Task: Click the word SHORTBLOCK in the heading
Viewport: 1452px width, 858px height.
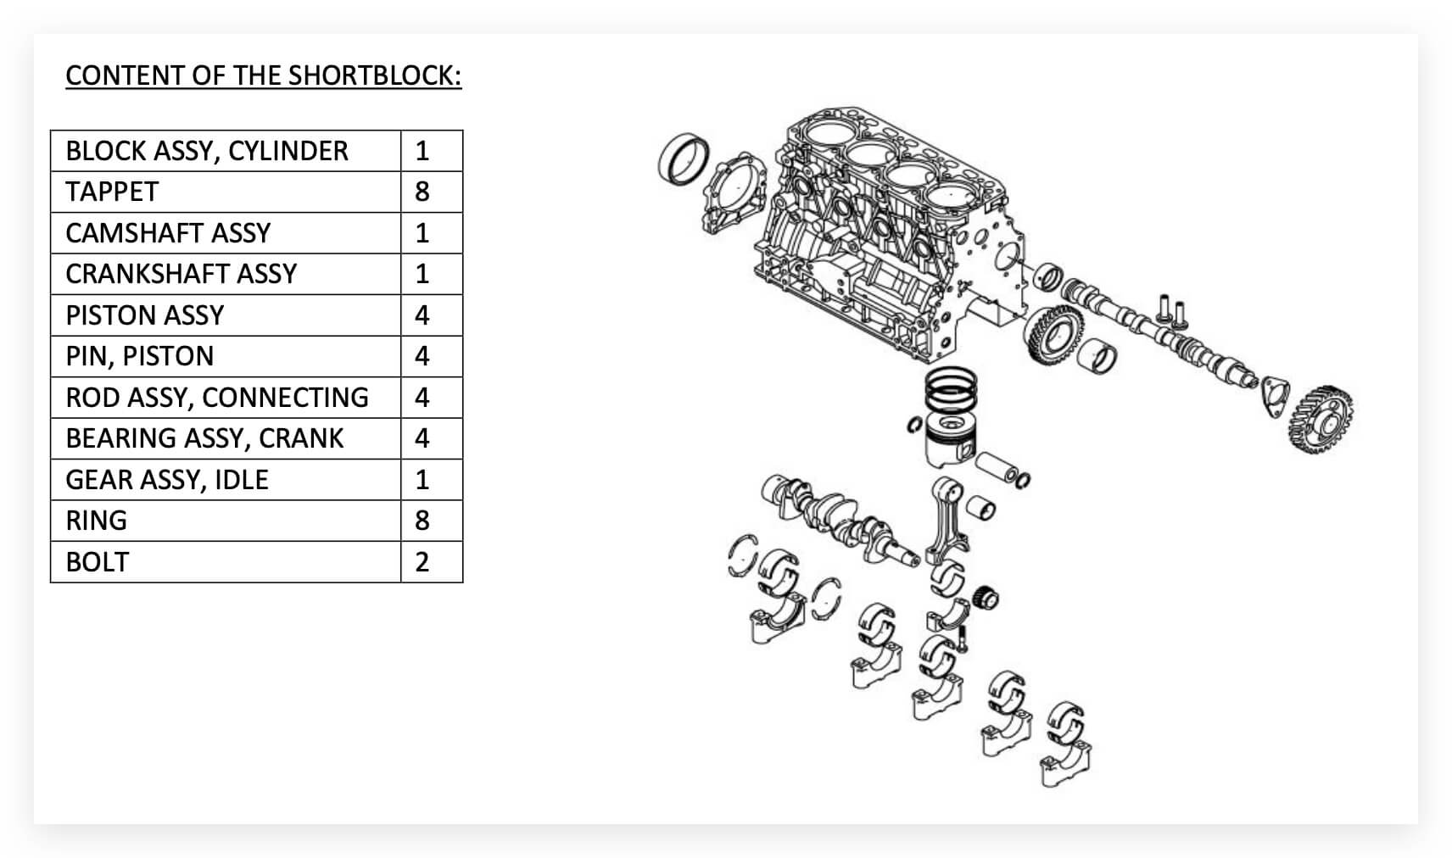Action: tap(373, 75)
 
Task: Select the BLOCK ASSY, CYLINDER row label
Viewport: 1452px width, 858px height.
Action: tap(207, 151)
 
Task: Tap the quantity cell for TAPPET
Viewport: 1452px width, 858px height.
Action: tap(422, 192)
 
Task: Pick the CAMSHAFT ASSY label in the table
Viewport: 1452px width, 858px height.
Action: tap(168, 232)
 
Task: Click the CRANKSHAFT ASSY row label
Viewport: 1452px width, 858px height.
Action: tap(181, 274)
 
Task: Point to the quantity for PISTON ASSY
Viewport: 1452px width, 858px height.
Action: tap(422, 315)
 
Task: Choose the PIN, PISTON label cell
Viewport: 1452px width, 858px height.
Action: tap(140, 356)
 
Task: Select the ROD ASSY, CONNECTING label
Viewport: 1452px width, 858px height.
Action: tap(217, 397)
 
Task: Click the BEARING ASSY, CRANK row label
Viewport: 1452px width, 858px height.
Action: tap(204, 438)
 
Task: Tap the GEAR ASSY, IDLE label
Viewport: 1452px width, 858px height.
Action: tap(167, 480)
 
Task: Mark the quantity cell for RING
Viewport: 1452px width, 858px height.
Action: tap(422, 521)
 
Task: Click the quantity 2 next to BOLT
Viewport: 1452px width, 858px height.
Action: tap(422, 562)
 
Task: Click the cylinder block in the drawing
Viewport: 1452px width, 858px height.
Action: tap(882, 229)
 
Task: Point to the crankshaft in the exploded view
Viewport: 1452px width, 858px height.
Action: tap(840, 517)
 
